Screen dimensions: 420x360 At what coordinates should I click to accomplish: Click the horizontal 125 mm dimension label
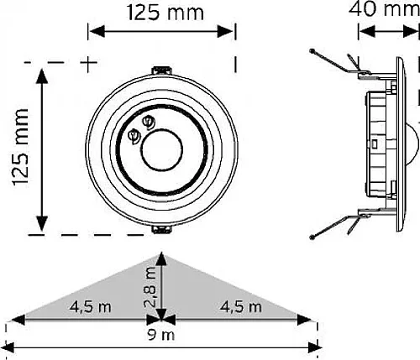165,13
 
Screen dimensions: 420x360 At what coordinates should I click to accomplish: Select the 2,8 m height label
150,287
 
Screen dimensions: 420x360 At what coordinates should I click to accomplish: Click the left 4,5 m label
90,307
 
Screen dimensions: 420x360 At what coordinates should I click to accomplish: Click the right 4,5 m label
240,307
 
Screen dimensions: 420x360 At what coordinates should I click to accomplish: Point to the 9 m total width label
161,335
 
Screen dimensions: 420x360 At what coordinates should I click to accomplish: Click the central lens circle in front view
162,149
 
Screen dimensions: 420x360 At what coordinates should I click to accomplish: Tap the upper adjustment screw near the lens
149,123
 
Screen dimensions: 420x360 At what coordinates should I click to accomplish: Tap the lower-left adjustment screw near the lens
134,136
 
